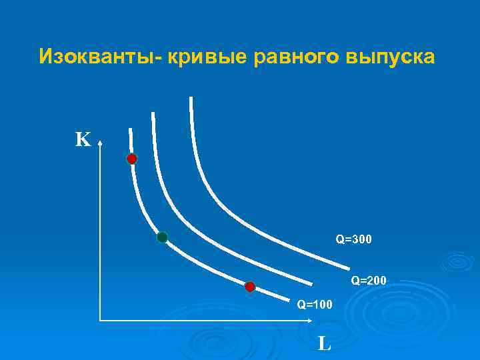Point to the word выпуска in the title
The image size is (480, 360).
tap(390, 57)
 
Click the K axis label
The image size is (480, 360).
tap(83, 139)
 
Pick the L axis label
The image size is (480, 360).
tap(324, 343)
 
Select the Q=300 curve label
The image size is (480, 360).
tap(353, 238)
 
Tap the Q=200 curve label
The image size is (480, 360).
tap(369, 281)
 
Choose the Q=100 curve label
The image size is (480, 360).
tap(314, 305)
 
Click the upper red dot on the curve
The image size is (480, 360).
tap(132, 159)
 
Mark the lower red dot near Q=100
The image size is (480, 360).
tap(250, 287)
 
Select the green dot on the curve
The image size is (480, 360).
tap(162, 237)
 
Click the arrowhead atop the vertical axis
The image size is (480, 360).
tap(100, 141)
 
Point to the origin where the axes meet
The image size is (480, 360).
tap(100, 320)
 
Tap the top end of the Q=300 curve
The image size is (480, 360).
tap(191, 98)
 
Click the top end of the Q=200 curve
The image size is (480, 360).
tap(153, 113)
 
